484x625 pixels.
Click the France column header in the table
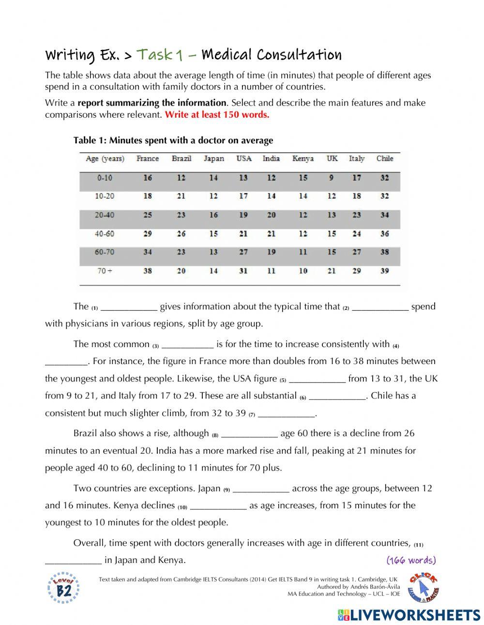(147, 158)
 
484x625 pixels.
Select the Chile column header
(385, 158)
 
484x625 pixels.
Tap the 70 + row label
(105, 271)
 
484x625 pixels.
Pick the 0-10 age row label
(105, 178)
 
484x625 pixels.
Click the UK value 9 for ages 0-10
(332, 178)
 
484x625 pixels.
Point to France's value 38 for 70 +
(147, 271)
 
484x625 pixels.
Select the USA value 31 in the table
(243, 271)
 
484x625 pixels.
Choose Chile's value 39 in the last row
(385, 271)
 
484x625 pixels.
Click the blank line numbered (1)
(129, 307)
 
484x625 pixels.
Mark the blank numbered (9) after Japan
(261, 489)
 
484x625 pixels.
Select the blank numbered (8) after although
(249, 434)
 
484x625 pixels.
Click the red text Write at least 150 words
(217, 115)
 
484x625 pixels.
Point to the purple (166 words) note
(411, 560)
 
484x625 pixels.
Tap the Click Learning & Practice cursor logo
(423, 587)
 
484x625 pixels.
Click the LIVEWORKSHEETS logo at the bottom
(409, 614)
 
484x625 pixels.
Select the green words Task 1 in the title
(160, 55)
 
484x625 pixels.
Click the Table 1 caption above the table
(173, 140)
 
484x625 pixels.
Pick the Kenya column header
(303, 158)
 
